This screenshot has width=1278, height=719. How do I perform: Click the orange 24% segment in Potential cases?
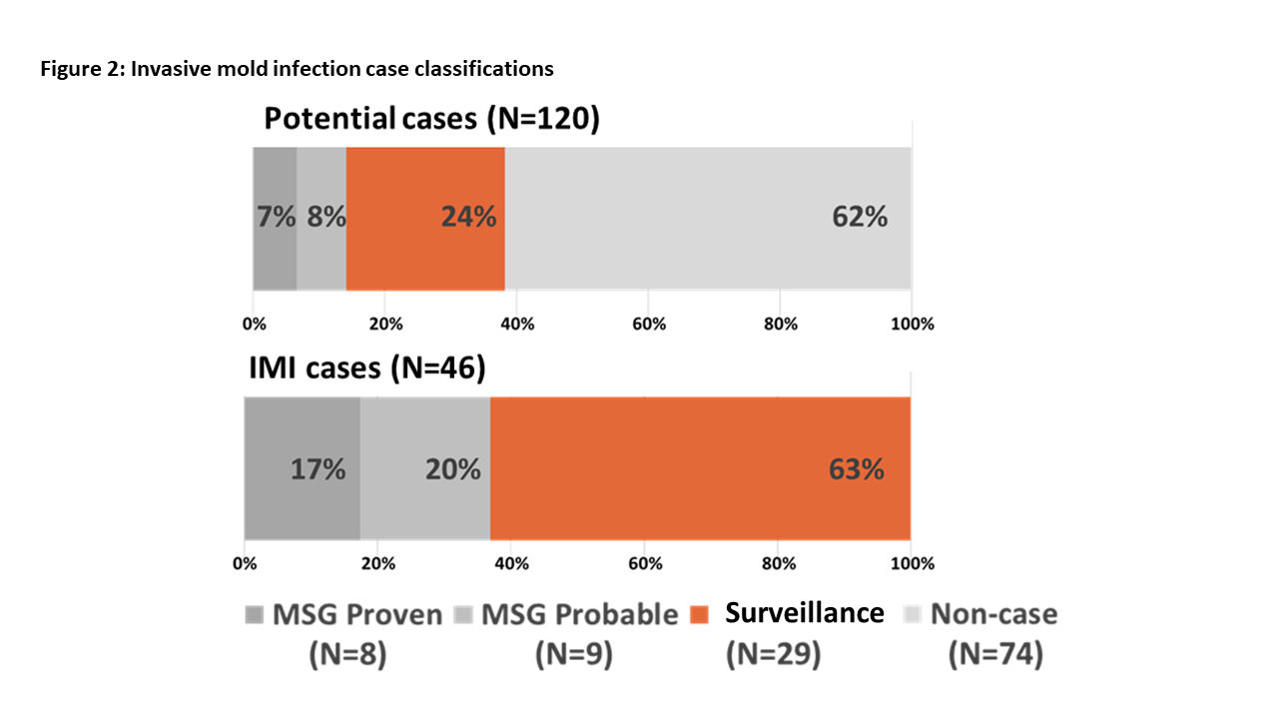(425, 218)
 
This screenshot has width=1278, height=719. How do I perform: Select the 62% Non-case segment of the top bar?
(708, 218)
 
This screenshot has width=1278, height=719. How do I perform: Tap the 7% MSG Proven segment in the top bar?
(275, 218)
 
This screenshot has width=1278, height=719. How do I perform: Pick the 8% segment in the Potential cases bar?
(321, 218)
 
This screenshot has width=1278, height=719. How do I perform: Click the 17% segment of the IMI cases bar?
(303, 468)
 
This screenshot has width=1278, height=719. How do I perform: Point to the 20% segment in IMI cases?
(425, 468)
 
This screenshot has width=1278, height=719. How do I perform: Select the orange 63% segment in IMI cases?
(700, 468)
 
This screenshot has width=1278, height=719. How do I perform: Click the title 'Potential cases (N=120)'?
(431, 119)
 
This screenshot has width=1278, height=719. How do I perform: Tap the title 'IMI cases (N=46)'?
(366, 368)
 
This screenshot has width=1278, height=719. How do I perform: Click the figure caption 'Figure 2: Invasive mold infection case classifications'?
(297, 69)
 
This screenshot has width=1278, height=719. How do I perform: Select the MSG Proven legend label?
(356, 614)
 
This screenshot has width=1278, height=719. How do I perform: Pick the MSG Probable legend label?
(579, 614)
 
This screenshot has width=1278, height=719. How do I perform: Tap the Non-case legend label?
(992, 614)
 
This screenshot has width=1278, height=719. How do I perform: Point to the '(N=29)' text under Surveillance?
(774, 655)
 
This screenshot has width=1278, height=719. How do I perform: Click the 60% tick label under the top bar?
(648, 324)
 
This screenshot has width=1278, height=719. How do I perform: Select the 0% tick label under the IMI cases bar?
(245, 563)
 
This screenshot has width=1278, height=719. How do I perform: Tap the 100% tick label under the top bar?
(912, 324)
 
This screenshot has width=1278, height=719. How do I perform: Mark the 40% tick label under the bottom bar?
(511, 563)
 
